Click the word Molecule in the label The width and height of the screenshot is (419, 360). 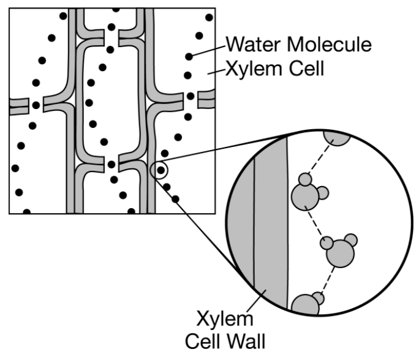tap(329, 44)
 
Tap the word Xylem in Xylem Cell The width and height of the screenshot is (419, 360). tap(254, 69)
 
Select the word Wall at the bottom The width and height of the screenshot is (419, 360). tap(245, 341)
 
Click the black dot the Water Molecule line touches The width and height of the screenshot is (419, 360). tap(189, 56)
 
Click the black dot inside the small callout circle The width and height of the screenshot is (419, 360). tap(160, 170)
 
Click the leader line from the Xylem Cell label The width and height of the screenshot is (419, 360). tap(217, 72)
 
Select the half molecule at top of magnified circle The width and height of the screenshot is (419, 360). tap(337, 138)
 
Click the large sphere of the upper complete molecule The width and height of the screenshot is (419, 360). tap(305, 197)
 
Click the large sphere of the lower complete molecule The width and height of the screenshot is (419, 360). tap(340, 253)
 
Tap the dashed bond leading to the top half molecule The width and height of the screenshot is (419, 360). tap(320, 157)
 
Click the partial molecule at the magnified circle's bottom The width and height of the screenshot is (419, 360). tap(306, 305)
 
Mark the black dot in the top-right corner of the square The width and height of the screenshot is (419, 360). tap(209, 18)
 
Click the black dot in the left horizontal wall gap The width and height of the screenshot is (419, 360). tap(36, 105)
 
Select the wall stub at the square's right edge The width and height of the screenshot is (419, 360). tap(206, 99)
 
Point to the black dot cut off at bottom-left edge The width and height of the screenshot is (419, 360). tap(27, 212)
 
